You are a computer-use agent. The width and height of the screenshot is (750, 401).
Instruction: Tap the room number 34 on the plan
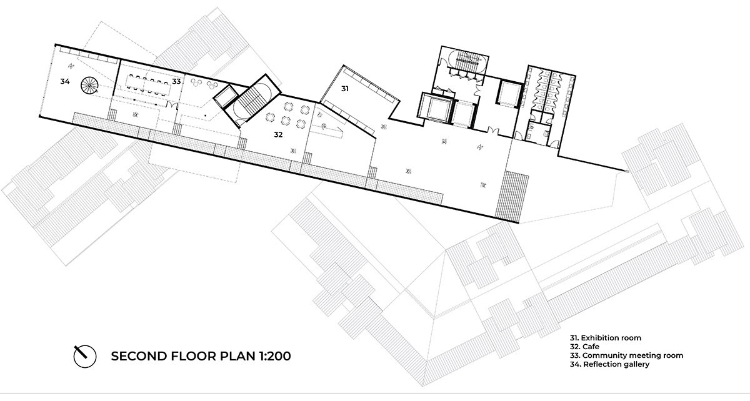click(64, 82)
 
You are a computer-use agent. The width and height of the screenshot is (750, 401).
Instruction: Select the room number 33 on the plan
click(177, 81)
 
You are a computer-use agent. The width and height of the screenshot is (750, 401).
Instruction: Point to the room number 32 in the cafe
click(279, 134)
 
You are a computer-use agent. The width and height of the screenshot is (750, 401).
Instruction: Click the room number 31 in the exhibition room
click(344, 89)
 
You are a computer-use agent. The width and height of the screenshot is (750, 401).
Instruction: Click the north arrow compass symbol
click(84, 355)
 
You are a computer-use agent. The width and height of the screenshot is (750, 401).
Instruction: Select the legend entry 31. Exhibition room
click(606, 338)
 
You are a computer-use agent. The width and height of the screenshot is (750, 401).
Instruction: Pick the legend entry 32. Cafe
click(584, 346)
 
